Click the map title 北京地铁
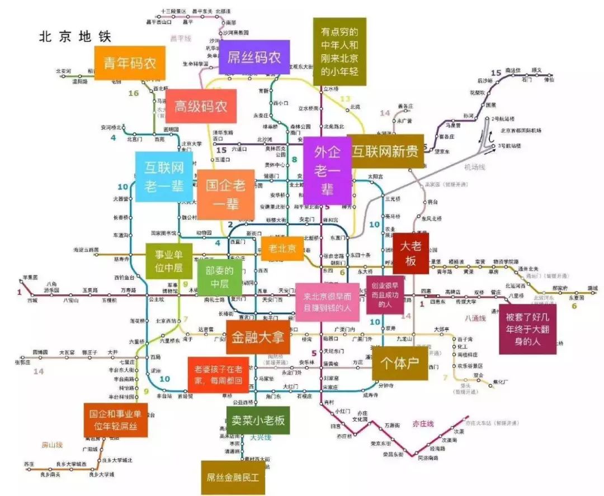click(75, 37)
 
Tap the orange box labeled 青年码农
click(130, 63)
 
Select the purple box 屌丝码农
click(254, 57)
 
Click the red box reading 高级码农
click(201, 106)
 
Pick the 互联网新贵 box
click(385, 151)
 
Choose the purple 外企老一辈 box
click(327, 171)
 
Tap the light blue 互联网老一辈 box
click(164, 177)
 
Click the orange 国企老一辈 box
click(225, 194)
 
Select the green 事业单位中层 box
click(169, 261)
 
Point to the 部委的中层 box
click(219, 278)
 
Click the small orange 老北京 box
click(282, 248)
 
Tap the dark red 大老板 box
click(410, 253)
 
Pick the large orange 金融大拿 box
click(258, 337)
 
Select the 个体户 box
click(399, 364)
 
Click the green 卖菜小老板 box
click(258, 420)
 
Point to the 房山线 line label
click(52, 445)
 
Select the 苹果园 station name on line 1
click(29, 278)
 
